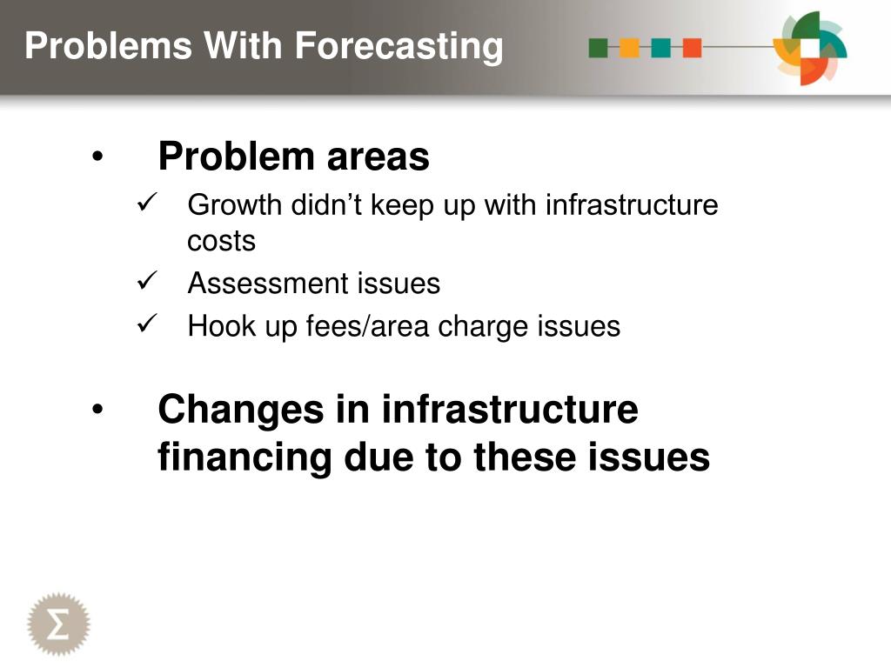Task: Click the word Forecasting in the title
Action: point(399,47)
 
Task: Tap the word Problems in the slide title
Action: point(109,45)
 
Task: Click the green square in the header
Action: point(599,48)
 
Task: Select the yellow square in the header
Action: point(630,48)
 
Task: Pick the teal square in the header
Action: point(661,48)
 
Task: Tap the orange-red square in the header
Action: point(692,48)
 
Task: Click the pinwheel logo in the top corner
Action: point(810,49)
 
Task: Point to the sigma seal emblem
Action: point(58,624)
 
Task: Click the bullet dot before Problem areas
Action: point(97,157)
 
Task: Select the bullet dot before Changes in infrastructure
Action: point(97,409)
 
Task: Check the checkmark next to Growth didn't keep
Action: point(146,202)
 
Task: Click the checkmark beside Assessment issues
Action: point(146,280)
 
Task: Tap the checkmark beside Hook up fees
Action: point(146,324)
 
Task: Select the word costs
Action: point(222,242)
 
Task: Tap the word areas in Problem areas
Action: point(378,157)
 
